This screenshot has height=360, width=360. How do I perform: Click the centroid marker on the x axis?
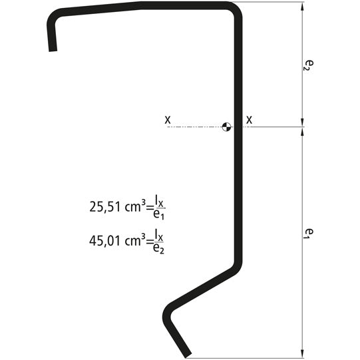click(x=227, y=125)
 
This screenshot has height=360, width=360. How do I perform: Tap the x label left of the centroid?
click(x=168, y=120)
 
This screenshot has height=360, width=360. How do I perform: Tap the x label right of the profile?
click(x=250, y=120)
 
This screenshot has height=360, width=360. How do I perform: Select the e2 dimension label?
click(x=308, y=63)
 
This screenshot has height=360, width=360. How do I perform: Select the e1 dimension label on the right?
click(x=308, y=233)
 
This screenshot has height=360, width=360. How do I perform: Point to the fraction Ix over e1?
click(x=158, y=206)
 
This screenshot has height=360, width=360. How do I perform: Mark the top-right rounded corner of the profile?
click(x=234, y=9)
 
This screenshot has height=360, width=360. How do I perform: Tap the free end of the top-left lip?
click(x=53, y=49)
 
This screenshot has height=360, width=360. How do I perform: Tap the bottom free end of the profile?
click(x=188, y=354)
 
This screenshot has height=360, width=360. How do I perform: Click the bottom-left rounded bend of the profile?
click(x=168, y=311)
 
